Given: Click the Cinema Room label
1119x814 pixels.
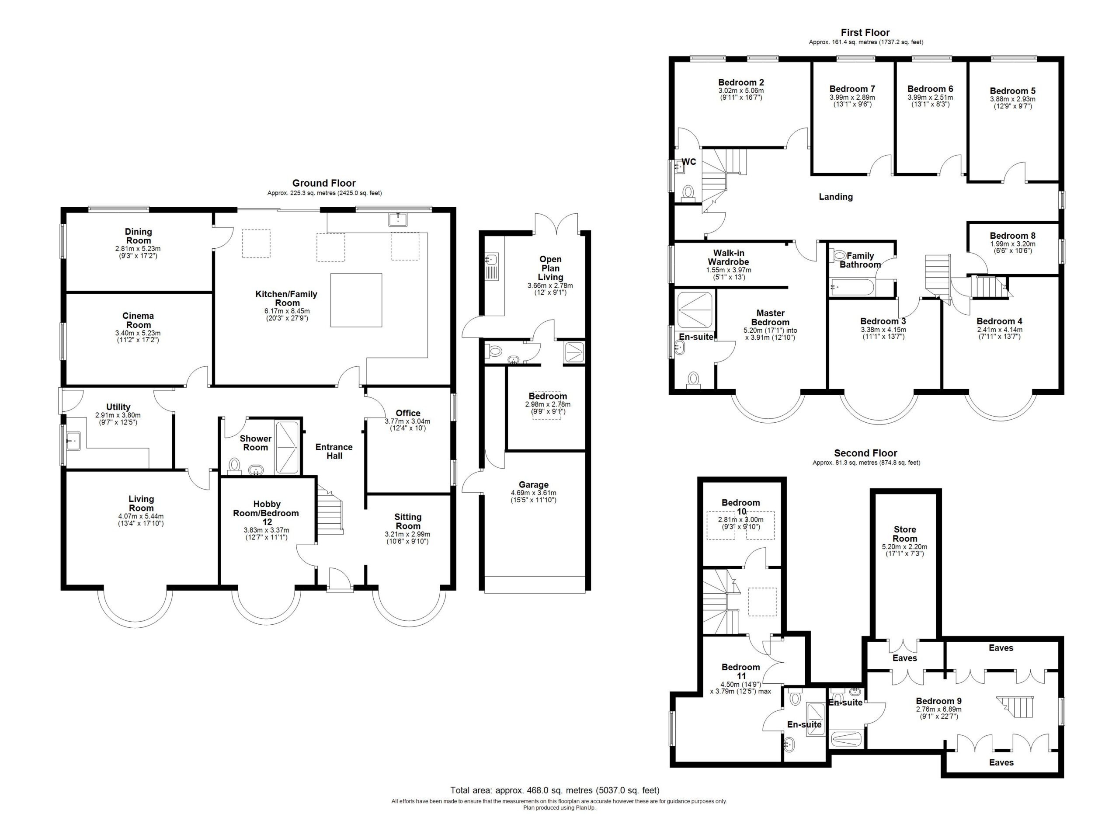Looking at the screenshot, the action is (x=138, y=320).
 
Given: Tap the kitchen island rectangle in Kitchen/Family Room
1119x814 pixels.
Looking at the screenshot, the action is (x=356, y=300).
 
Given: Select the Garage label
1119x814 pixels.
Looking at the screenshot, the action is (x=533, y=485).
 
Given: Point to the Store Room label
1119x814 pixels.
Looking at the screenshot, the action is (x=905, y=534).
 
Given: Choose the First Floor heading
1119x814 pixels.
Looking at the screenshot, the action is (x=865, y=32).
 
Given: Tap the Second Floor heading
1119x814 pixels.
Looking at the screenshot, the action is (x=866, y=453).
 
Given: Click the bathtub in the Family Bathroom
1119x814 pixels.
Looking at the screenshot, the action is (x=852, y=287).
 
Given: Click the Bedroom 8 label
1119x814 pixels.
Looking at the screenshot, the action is (x=1012, y=236).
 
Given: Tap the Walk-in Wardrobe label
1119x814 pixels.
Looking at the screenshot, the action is (x=728, y=257).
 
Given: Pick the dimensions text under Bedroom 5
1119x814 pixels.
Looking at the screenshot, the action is (x=1012, y=102).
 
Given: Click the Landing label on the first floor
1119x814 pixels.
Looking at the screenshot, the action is (x=836, y=197).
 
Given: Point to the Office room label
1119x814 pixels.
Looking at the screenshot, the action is (x=408, y=414).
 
